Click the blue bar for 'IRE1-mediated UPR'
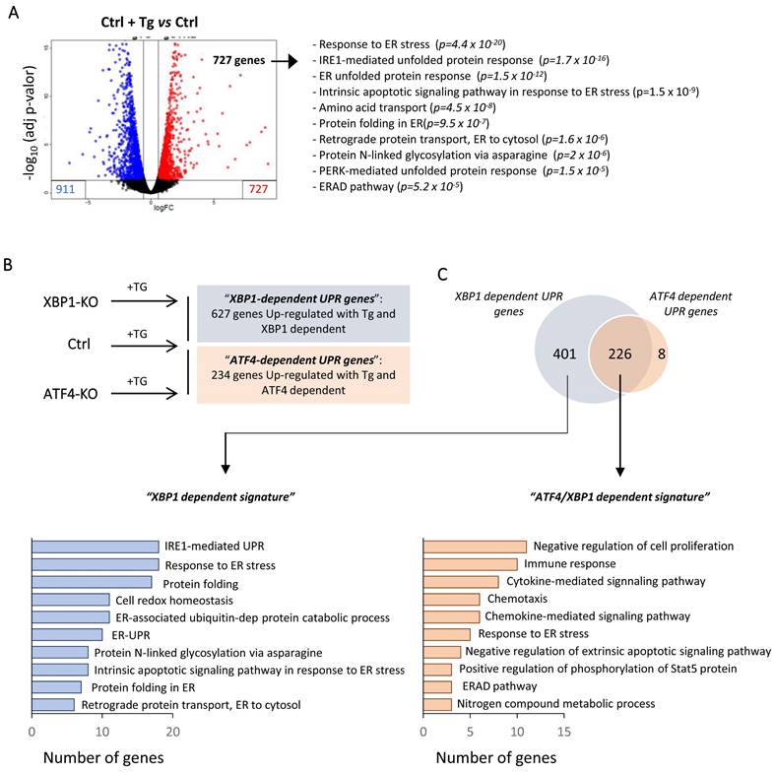pos(96,547)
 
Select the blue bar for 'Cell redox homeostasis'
pos(71,599)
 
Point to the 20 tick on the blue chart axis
pos(173,733)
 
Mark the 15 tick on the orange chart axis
pos(563,733)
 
